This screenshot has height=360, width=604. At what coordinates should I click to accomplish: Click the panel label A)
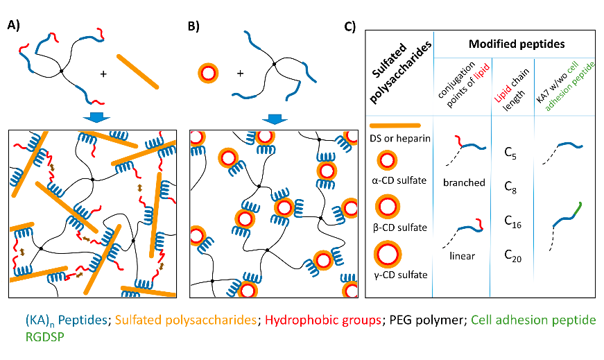point(13,26)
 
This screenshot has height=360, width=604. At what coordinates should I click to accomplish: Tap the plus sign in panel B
point(240,72)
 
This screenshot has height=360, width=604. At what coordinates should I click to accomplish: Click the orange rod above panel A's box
point(138,71)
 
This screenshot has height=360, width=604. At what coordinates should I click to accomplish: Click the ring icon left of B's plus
point(209,72)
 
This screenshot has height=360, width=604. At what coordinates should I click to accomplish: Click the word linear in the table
point(462,256)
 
